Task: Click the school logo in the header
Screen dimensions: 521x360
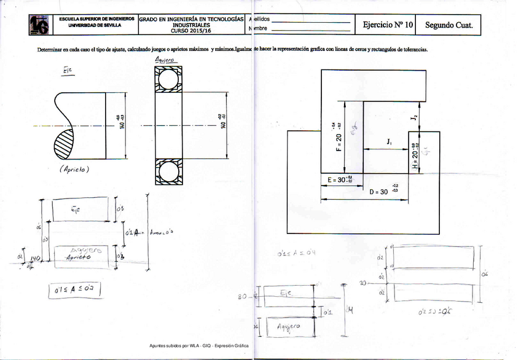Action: [x=39, y=25]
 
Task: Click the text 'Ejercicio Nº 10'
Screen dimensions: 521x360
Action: [x=388, y=25]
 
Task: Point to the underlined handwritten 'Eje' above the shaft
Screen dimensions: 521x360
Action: [x=68, y=71]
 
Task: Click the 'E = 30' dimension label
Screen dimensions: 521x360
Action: [x=337, y=180]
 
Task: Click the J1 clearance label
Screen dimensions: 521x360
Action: [x=389, y=142]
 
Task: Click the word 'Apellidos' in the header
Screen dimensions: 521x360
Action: [x=257, y=20]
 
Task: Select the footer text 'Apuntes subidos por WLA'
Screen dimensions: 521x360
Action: [x=173, y=346]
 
